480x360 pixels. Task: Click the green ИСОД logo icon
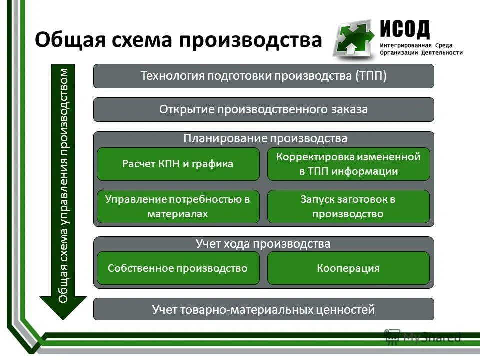coord(353,39)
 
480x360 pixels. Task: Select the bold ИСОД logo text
coord(405,29)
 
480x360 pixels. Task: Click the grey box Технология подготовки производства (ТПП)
coord(263,76)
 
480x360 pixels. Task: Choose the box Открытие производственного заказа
coord(263,109)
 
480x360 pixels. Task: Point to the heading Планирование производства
coord(265,138)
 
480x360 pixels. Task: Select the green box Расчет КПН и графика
coord(178,164)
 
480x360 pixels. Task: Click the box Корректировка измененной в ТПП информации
coord(348,164)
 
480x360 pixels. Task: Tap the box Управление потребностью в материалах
coord(178,206)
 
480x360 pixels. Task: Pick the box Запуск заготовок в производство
coord(348,206)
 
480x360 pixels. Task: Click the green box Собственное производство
coord(178,268)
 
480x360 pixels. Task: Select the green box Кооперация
coord(348,268)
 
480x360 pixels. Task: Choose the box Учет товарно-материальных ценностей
coord(263,309)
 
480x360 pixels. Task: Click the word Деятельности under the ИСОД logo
coord(441,53)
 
